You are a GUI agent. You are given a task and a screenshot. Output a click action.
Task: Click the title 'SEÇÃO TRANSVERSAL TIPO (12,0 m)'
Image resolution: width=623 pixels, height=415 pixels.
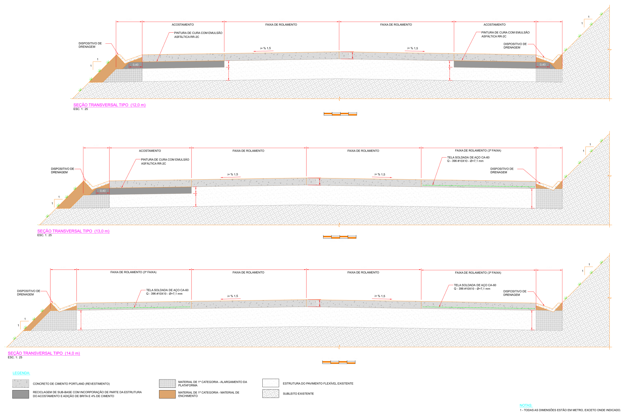point(109,105)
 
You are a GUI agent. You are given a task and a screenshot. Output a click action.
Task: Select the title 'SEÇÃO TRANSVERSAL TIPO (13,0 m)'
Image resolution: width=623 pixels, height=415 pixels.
point(73,231)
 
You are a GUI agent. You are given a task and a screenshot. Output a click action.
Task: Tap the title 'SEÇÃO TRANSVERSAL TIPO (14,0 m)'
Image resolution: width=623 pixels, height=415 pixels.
point(44,353)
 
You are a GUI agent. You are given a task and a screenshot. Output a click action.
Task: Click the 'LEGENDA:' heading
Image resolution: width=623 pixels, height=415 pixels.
point(21,373)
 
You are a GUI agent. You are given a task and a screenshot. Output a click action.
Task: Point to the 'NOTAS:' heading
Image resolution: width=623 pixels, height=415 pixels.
point(526,405)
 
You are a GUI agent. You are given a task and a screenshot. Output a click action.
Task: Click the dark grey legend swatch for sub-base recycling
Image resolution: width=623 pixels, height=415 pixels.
point(21,394)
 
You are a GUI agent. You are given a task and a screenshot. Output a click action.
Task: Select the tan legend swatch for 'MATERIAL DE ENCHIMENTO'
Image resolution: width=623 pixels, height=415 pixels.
point(167,394)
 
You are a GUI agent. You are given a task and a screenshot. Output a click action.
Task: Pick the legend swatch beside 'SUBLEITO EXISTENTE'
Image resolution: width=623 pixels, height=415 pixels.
point(271,394)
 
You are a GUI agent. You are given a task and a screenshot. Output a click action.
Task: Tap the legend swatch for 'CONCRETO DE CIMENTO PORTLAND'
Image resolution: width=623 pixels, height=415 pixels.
point(21,384)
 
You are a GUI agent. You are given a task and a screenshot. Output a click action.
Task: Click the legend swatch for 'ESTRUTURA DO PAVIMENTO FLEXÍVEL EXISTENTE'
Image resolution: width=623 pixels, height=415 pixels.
point(271,383)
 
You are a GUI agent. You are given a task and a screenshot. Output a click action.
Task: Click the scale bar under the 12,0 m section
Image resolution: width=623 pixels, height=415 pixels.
point(340,114)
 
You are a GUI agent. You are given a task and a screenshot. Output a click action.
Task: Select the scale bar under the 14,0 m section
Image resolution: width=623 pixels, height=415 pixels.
point(339,362)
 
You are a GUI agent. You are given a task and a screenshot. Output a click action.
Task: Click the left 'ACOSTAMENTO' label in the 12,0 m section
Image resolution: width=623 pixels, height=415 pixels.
point(183,25)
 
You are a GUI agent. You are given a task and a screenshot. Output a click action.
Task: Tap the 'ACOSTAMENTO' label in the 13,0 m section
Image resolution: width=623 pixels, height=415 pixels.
point(150,151)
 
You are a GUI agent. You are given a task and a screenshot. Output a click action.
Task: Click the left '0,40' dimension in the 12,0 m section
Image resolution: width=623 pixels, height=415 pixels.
point(136,65)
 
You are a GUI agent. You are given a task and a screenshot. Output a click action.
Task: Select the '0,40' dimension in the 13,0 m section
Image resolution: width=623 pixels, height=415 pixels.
point(103,191)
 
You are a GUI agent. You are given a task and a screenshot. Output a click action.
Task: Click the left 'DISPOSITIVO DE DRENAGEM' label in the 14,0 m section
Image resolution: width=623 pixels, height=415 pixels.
point(29,293)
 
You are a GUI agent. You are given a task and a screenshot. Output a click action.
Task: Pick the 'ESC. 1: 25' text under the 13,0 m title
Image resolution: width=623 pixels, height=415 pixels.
point(44,235)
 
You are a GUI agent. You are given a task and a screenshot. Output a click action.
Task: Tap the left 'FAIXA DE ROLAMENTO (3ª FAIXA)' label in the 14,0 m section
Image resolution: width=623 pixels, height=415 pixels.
point(133,272)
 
